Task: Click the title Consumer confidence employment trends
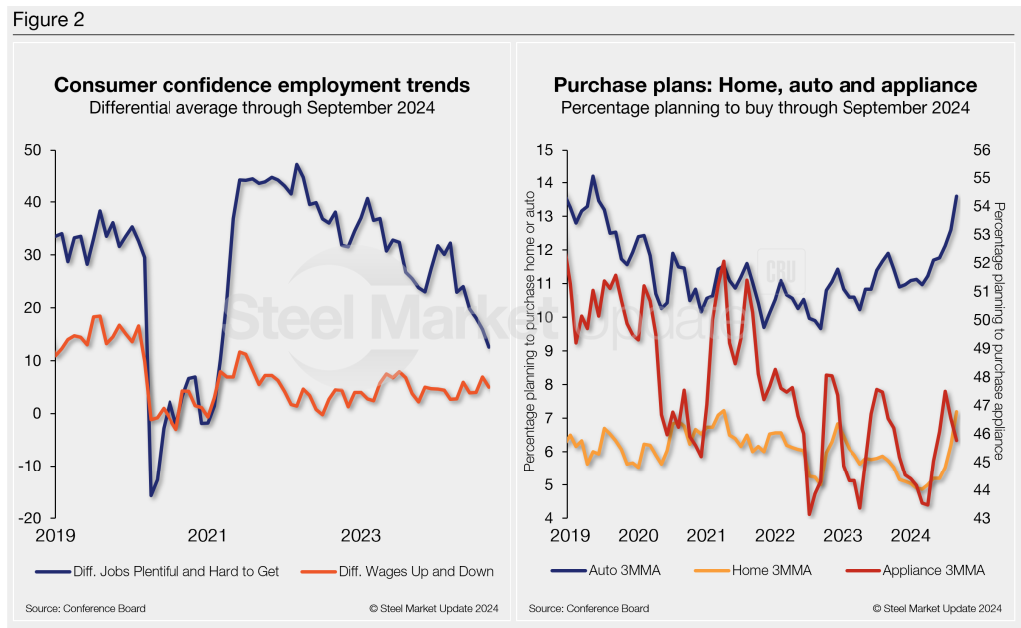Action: (x=261, y=86)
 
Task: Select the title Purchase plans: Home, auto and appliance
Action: (x=765, y=86)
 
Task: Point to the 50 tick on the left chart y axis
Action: (x=34, y=150)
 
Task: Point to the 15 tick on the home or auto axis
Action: (x=543, y=150)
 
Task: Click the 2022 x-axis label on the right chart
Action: (x=776, y=536)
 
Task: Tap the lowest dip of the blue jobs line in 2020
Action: (x=151, y=495)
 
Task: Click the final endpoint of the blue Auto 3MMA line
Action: (x=956, y=196)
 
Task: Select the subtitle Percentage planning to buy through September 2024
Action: (x=765, y=107)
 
